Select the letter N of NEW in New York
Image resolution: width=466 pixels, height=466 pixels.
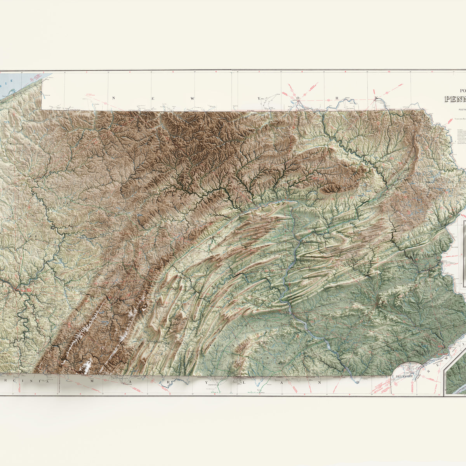(113, 98)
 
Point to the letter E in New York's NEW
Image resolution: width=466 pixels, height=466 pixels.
(153, 98)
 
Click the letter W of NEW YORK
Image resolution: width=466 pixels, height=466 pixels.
(192, 98)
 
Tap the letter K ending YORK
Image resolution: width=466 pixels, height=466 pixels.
(376, 98)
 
